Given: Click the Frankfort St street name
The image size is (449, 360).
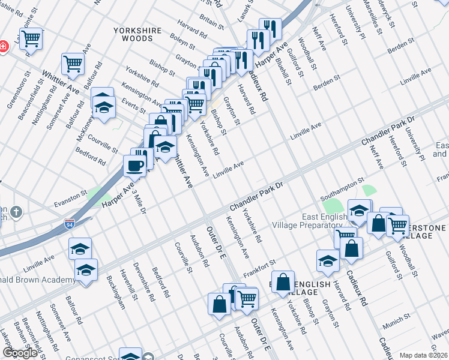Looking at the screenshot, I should click(x=259, y=269).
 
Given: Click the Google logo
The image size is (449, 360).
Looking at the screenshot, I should click(x=20, y=353).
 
